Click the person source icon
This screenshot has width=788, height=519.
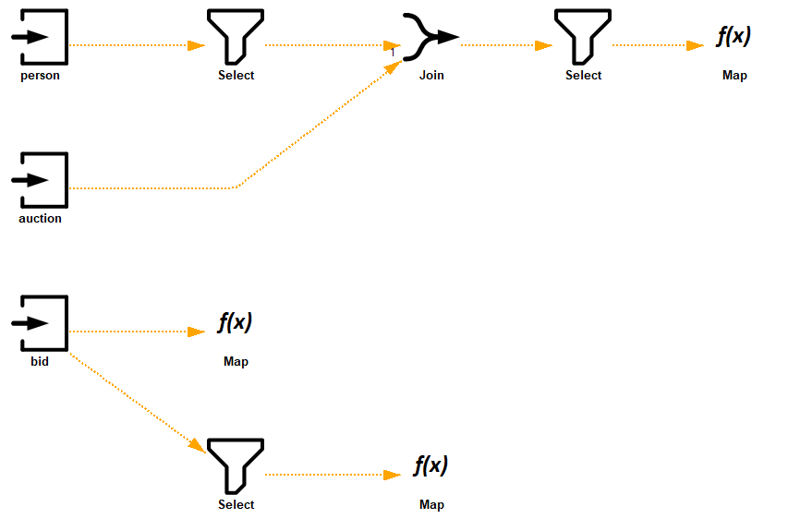40,37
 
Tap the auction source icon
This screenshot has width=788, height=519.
40,180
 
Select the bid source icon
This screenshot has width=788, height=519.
40,323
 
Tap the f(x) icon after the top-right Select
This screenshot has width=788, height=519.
734,37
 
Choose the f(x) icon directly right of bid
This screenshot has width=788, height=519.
236,322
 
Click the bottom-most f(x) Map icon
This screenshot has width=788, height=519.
430,465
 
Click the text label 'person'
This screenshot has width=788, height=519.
40,76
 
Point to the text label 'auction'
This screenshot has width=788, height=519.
40,219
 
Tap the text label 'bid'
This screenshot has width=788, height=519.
40,362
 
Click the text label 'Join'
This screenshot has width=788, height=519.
431,76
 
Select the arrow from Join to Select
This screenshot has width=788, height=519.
499,44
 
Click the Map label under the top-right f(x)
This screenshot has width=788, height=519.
734,76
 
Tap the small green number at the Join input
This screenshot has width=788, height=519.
393,53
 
